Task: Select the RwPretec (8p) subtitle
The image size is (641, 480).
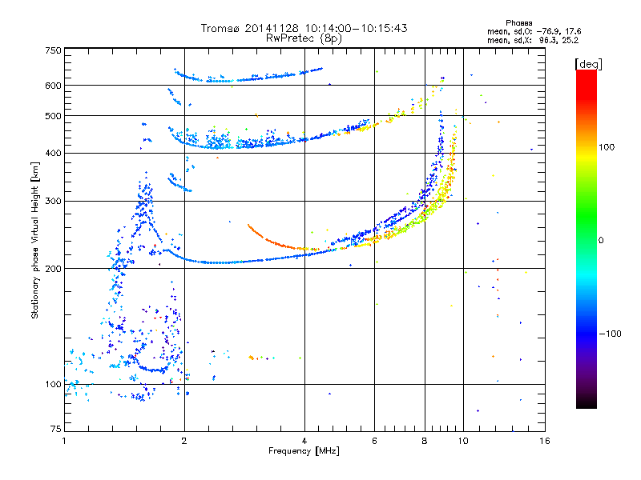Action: coord(304,38)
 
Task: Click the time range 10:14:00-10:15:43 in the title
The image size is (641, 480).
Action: coord(356,28)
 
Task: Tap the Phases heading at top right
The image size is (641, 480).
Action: coord(518,23)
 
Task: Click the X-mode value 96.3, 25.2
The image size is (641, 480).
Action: coord(558,40)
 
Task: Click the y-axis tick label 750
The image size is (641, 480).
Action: coord(54,50)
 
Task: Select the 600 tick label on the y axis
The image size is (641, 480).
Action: coord(54,86)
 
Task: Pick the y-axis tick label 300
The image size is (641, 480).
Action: coord(54,201)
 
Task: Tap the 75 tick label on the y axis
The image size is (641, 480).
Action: coord(56,429)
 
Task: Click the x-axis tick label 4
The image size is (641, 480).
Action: coord(304,441)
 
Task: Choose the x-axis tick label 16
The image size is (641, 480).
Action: coord(545,441)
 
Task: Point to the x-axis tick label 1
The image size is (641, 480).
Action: coord(64,441)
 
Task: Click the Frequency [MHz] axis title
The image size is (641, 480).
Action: coord(304,451)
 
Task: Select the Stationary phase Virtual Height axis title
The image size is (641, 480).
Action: coord(34,240)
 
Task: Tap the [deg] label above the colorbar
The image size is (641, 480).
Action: coord(589,64)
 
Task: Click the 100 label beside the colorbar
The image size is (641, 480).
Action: coord(607,147)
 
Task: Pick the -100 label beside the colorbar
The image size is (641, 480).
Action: coord(610,334)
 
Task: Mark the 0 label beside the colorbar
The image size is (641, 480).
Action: coord(601,241)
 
